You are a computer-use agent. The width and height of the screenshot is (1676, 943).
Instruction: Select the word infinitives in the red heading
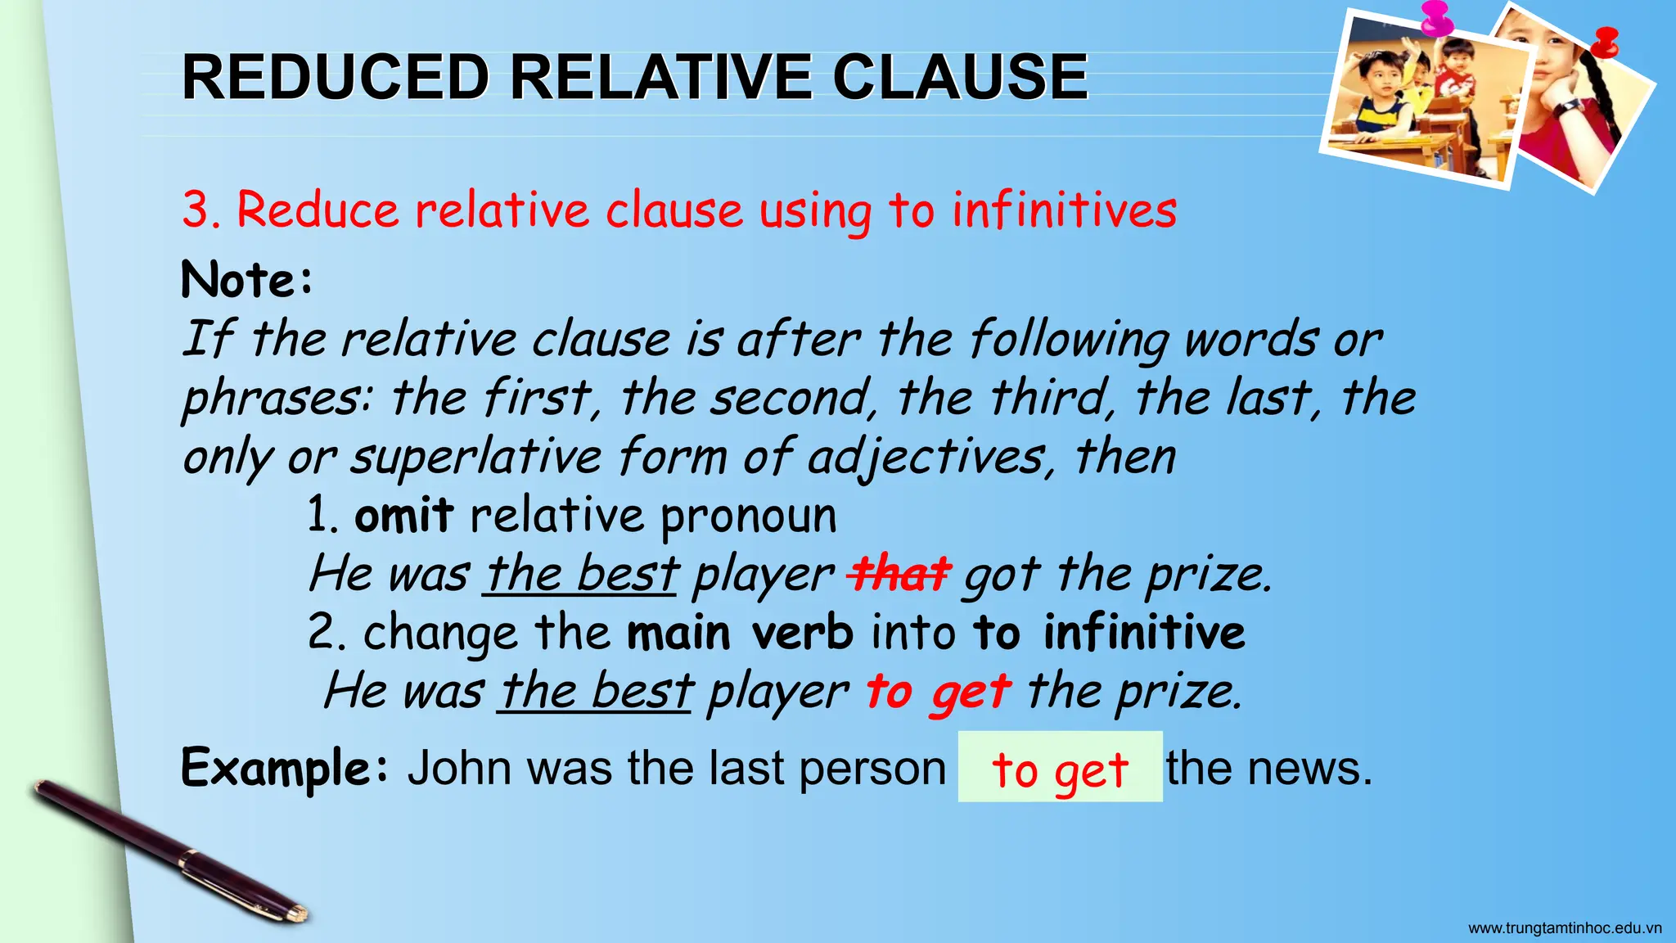1064,210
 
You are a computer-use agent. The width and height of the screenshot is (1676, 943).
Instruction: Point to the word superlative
476,457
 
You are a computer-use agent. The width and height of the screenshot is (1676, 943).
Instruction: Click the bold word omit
403,516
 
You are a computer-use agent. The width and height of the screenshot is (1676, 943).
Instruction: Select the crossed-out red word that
899,574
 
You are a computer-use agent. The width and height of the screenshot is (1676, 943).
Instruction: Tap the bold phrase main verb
740,633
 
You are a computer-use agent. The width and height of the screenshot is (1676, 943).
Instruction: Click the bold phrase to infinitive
1109,633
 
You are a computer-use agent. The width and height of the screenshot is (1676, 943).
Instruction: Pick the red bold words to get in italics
938,692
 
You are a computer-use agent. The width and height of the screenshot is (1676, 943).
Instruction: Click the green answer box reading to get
1060,768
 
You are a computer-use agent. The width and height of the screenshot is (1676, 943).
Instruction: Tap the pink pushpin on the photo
1437,18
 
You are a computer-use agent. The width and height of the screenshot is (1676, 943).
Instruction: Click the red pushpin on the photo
1606,41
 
